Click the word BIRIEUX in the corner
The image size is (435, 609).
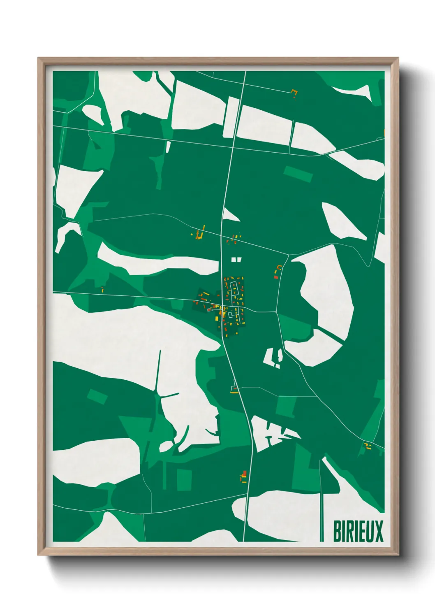(x=358, y=531)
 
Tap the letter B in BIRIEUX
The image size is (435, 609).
(x=337, y=531)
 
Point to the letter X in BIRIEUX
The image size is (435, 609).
(x=379, y=531)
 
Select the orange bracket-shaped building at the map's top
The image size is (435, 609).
(x=294, y=93)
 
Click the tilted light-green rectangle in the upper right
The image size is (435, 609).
(x=298, y=174)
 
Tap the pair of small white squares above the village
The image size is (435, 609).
(x=236, y=259)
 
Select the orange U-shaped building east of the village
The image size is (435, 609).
(x=278, y=272)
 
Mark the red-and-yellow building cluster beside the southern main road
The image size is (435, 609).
(x=244, y=477)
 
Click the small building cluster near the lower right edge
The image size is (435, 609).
(x=367, y=446)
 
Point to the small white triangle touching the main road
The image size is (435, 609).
(x=231, y=215)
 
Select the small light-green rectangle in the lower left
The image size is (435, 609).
(x=97, y=397)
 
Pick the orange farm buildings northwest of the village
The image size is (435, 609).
(x=199, y=234)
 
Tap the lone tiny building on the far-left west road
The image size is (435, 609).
(x=102, y=289)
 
